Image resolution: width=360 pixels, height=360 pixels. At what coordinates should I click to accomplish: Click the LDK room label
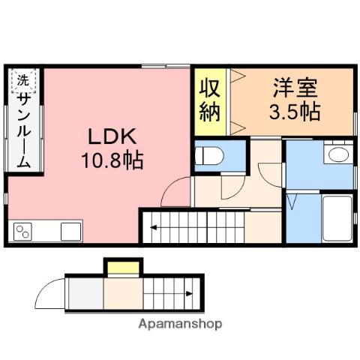coord(112,136)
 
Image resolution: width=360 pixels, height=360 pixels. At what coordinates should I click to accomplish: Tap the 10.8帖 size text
coord(112,160)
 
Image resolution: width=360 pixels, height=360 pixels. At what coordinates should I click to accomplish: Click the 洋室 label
coord(295,88)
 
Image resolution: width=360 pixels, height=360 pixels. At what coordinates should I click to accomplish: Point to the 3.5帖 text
coord(295,112)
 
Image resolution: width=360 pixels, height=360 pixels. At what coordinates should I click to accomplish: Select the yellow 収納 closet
coord(210,102)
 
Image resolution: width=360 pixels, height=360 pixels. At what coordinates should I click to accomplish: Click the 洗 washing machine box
coord(23,80)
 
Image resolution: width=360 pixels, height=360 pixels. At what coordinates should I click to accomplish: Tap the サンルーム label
coord(24,130)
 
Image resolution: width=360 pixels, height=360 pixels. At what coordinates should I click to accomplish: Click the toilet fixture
coord(209,156)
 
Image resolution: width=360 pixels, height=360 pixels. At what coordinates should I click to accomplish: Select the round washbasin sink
coord(338,154)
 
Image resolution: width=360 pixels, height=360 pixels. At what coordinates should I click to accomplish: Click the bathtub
coord(337,219)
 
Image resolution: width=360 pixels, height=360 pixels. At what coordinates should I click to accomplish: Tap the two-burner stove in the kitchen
coord(22,232)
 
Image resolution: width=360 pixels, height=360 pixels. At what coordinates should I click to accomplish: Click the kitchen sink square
coord(71,232)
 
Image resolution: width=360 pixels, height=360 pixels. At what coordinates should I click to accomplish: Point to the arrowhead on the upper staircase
coord(153,227)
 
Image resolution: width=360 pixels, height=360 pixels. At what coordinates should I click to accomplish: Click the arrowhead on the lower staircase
coord(189,293)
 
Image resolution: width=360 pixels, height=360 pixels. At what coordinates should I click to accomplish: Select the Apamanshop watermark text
coord(180,324)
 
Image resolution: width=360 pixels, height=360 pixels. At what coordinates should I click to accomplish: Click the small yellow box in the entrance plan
coord(123,268)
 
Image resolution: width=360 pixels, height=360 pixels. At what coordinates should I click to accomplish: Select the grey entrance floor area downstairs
coord(85,293)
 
